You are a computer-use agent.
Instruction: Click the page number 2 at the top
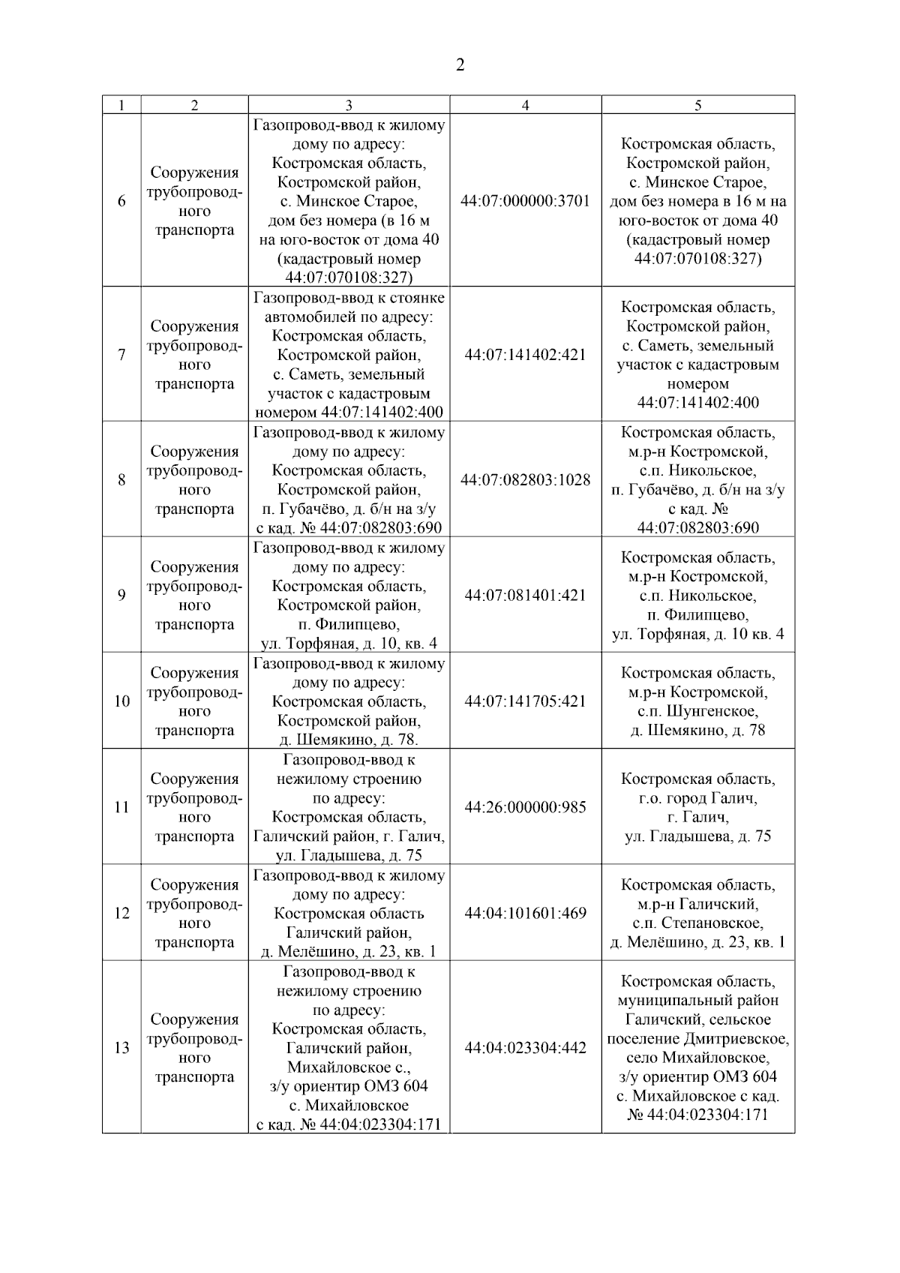460,65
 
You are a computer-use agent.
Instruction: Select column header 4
525,106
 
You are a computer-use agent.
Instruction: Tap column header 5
697,106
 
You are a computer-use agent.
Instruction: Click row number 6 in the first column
121,201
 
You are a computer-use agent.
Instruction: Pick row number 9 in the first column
121,596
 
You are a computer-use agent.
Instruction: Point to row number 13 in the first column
121,1048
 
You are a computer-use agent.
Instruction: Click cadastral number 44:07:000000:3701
525,201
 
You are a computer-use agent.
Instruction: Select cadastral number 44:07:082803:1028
525,480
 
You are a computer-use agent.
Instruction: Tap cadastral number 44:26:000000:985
525,808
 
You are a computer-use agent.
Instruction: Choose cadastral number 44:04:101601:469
525,914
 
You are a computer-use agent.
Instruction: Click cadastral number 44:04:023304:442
525,1048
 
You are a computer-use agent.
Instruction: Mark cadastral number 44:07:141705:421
525,701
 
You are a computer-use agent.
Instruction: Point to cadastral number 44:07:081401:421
525,596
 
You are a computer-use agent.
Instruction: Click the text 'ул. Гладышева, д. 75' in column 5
697,836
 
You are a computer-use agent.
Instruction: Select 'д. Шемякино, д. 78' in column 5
697,730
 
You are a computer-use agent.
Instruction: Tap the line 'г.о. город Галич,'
697,798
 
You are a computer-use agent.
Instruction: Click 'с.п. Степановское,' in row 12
697,923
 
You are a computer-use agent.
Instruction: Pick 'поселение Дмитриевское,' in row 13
697,1039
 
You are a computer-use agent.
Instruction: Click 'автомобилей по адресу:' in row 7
349,317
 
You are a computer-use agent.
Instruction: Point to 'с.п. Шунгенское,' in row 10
697,711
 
